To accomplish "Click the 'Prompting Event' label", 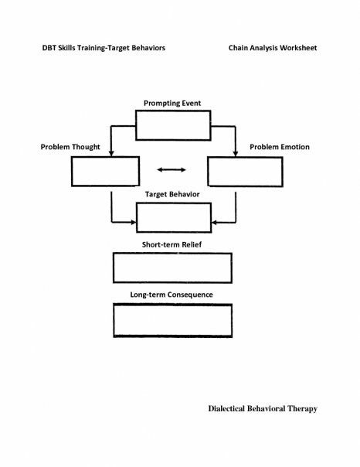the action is pos(172,104).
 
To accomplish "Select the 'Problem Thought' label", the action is pos(70,147).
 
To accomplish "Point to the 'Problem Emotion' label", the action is pos(280,147).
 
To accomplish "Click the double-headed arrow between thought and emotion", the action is pos(172,170).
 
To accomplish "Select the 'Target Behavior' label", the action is pos(172,195).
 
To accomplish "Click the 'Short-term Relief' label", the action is pos(172,244).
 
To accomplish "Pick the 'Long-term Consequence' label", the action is pos(172,295).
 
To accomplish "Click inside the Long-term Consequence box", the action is pos(172,320).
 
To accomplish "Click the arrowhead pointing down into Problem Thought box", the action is pos(111,153).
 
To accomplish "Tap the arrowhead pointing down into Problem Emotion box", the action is pos(236,154).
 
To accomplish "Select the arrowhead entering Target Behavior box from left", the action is pos(134,222).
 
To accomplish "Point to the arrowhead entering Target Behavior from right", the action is pos(214,223).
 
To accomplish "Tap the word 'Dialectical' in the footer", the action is pos(226,408).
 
